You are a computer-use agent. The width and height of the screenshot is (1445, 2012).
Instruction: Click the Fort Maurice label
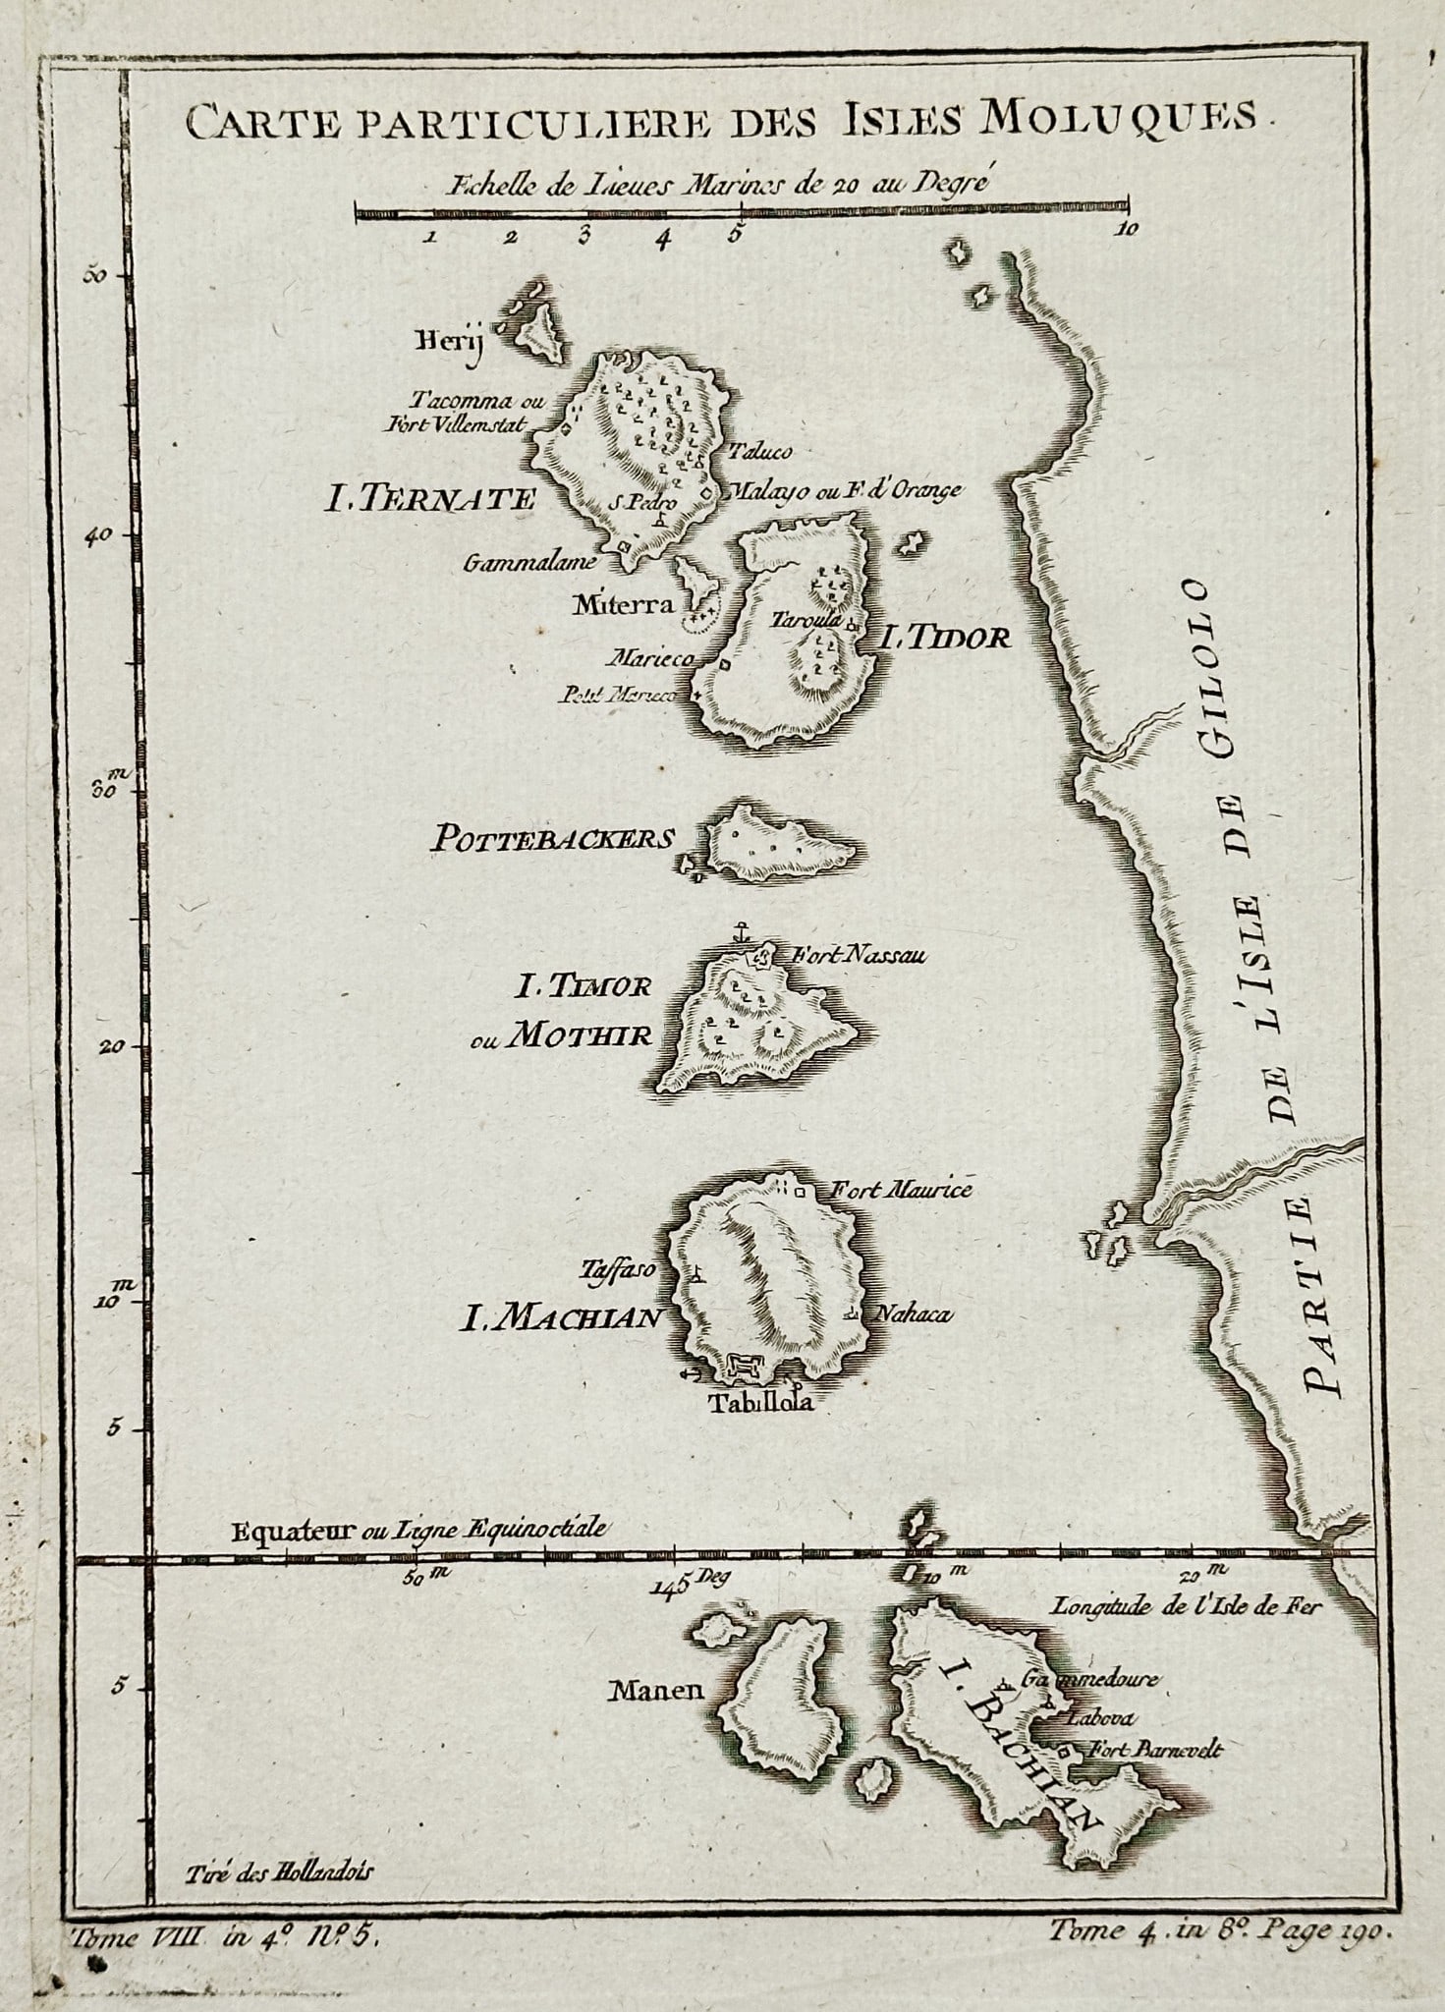[901, 1190]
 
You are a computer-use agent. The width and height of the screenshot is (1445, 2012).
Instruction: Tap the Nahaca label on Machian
[913, 1314]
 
